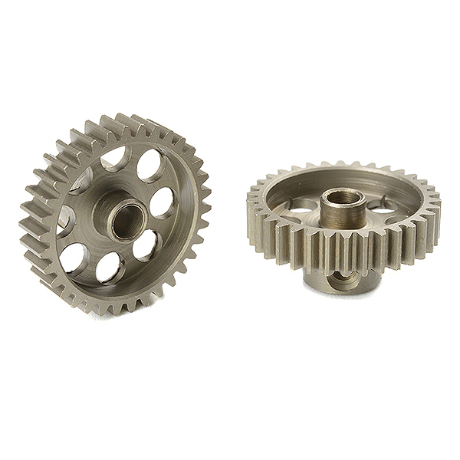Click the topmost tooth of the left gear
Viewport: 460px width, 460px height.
pyautogui.click(x=123, y=120)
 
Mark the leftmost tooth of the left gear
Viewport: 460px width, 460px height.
pyautogui.click(x=25, y=230)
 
